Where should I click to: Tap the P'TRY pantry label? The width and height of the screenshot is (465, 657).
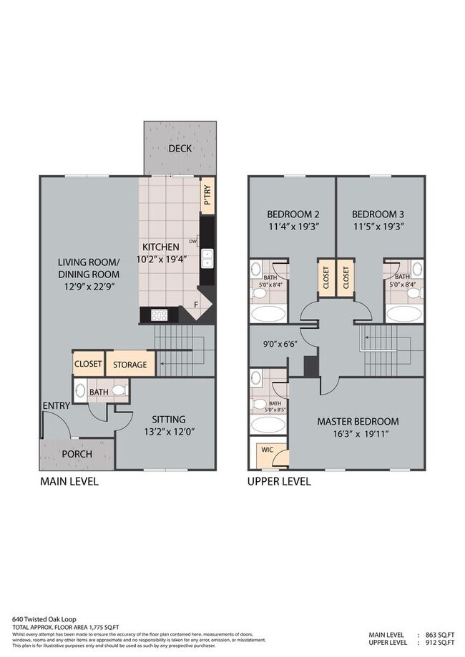[x=207, y=198]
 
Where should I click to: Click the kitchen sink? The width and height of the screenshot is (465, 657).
[x=207, y=258]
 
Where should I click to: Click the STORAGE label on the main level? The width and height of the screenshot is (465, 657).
[x=130, y=365]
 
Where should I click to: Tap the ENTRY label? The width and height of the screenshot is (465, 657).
[x=56, y=406]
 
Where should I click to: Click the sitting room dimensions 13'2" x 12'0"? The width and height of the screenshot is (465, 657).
[x=169, y=433]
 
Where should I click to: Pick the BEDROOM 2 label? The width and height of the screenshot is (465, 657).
[x=292, y=214]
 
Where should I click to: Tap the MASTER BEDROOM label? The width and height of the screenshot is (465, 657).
[x=358, y=421]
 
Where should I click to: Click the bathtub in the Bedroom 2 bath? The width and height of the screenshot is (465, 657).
[x=268, y=313]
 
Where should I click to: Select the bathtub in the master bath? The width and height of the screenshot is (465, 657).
[x=268, y=426]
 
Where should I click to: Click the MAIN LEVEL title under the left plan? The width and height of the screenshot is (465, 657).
[x=69, y=482]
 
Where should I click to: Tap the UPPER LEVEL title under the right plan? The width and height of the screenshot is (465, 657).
[x=279, y=482]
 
